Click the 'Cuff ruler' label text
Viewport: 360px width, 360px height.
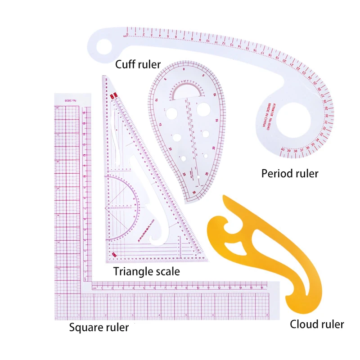pyautogui.click(x=138, y=64)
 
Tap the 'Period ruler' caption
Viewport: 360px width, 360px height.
pyautogui.click(x=290, y=173)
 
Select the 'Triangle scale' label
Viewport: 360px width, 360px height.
pyautogui.click(x=146, y=271)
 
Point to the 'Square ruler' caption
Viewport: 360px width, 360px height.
pyautogui.click(x=99, y=327)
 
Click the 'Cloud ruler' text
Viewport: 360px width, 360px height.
pyautogui.click(x=317, y=324)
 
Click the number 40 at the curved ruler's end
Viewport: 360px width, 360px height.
pyautogui.click(x=283, y=149)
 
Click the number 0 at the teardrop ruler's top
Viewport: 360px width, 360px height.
pyautogui.click(x=184, y=70)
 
